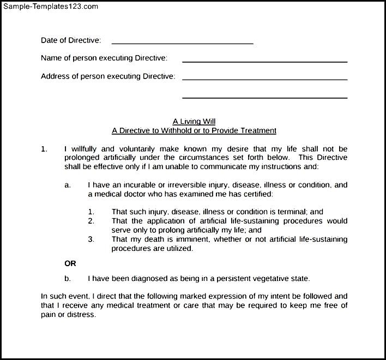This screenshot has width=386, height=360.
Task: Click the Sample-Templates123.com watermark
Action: pyautogui.click(x=50, y=6)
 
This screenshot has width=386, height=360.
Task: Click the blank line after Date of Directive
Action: pyautogui.click(x=182, y=43)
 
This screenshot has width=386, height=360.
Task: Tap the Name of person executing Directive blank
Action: pyautogui.click(x=264, y=61)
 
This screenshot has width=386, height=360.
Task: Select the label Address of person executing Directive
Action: pyautogui.click(x=108, y=76)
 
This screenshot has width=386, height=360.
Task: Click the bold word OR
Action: pyautogui.click(x=70, y=263)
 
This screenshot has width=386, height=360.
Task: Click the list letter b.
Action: pyautogui.click(x=68, y=278)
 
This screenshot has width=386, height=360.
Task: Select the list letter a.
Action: pyautogui.click(x=68, y=185)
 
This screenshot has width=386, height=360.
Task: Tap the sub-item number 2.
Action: pyautogui.click(x=91, y=221)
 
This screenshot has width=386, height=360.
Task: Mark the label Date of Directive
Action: pyautogui.click(x=71, y=40)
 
